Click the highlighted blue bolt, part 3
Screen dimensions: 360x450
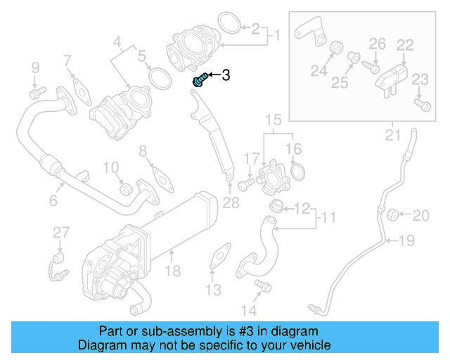click(199, 79)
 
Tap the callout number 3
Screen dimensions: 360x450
click(226, 75)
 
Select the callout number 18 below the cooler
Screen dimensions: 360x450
click(172, 271)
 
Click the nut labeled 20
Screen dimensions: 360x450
click(394, 213)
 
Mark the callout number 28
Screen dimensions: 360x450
click(230, 203)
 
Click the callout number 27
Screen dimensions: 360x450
click(61, 233)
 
